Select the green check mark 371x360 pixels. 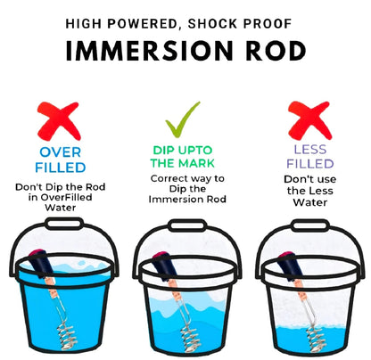184,119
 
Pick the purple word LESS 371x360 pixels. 305,151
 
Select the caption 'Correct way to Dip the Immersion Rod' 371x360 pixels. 185,189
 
